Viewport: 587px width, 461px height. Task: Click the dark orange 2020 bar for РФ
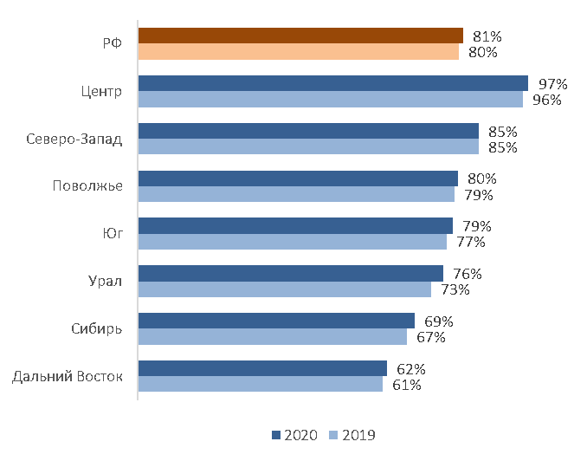coord(300,36)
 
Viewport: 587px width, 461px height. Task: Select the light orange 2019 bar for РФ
coord(298,52)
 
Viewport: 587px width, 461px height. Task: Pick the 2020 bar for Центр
coord(332,83)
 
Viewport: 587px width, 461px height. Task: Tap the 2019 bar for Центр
coord(330,100)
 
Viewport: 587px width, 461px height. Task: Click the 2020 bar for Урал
coord(290,273)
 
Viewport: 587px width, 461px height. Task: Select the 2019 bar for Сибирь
coord(272,337)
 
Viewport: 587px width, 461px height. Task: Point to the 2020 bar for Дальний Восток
coord(262,368)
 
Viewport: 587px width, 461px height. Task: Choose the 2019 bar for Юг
coord(292,242)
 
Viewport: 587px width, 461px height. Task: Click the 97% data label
coord(552,84)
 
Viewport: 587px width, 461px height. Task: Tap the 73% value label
coord(455,289)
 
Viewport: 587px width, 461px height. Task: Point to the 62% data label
coord(411,369)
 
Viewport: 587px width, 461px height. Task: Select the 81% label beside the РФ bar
coord(487,36)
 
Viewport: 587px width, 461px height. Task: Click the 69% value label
coord(439,321)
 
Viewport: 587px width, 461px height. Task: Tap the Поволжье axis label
coord(87,186)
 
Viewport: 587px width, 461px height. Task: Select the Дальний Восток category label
coord(68,376)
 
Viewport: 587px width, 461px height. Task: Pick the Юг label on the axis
coord(111,234)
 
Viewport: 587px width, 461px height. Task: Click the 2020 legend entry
coord(295,435)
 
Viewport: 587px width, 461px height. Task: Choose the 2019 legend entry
coord(354,435)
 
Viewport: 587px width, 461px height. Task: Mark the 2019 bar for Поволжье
coord(296,194)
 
